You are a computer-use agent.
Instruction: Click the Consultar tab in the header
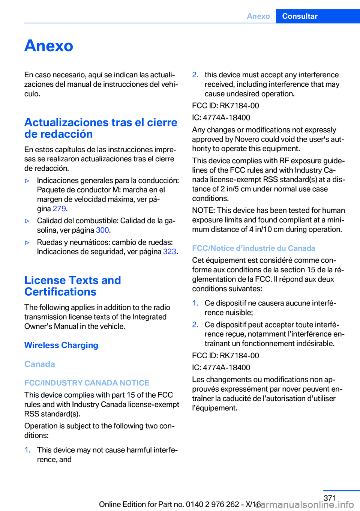pos(300,16)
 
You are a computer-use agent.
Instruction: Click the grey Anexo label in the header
pos(258,16)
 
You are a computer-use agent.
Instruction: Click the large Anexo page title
pos(49,46)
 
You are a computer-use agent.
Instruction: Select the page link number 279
pos(59,209)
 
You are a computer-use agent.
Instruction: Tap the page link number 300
pos(102,230)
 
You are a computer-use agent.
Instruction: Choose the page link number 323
pos(169,251)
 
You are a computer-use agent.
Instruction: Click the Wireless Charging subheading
pos(61,345)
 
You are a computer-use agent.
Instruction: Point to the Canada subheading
pos(39,364)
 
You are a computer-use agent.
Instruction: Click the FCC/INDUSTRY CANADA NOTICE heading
pos(87,383)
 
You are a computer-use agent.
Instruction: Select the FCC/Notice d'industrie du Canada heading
pos(253,248)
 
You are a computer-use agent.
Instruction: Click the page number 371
pos(330,498)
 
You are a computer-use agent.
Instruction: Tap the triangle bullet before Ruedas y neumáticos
pos(27,242)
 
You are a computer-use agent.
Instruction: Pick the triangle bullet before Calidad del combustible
pos(27,221)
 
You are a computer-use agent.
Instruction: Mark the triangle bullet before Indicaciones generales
pos(27,181)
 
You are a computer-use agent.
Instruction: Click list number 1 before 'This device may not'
pos(27,450)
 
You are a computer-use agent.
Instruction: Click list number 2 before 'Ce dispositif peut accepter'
pos(195,325)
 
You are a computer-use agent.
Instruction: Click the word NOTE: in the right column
pos(203,210)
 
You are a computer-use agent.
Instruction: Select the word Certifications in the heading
pos(60,292)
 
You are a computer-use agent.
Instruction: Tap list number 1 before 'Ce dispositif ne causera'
pos(195,303)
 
